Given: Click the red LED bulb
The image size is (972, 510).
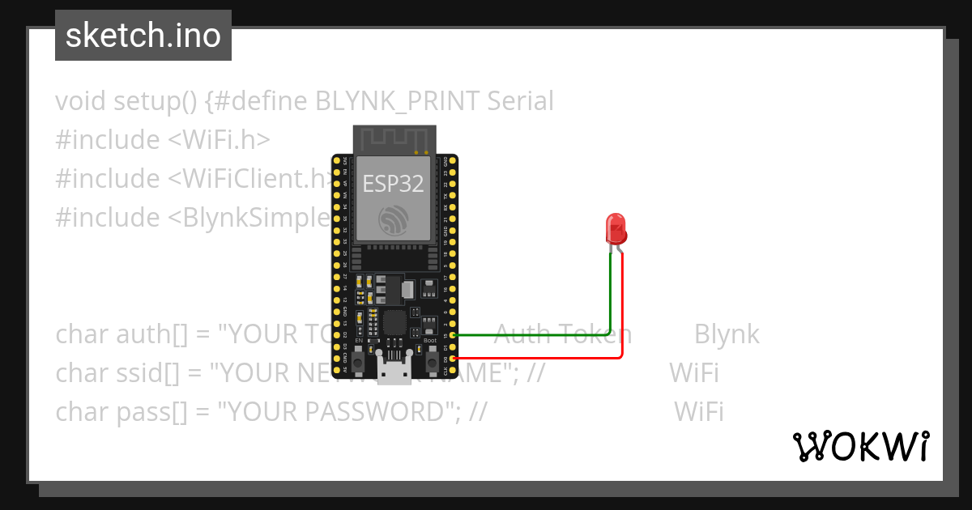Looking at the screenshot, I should point(616,228).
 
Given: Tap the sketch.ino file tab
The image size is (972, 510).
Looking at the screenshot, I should point(143,36).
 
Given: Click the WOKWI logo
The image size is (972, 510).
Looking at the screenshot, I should point(859,446).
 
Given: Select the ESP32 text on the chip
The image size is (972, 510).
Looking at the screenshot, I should point(393,184).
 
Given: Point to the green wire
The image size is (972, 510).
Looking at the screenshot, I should point(535,334).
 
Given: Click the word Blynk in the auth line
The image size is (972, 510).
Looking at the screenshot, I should point(727,334).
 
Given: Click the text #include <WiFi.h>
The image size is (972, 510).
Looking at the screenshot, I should point(162,140).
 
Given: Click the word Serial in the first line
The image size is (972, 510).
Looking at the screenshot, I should point(520,101).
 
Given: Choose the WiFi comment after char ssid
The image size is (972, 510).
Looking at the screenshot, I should point(693,373).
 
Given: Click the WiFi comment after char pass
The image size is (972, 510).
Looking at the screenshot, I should point(698,412).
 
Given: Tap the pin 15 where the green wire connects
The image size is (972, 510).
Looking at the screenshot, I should point(453,334).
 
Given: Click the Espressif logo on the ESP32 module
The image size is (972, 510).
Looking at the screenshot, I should point(393,221).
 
